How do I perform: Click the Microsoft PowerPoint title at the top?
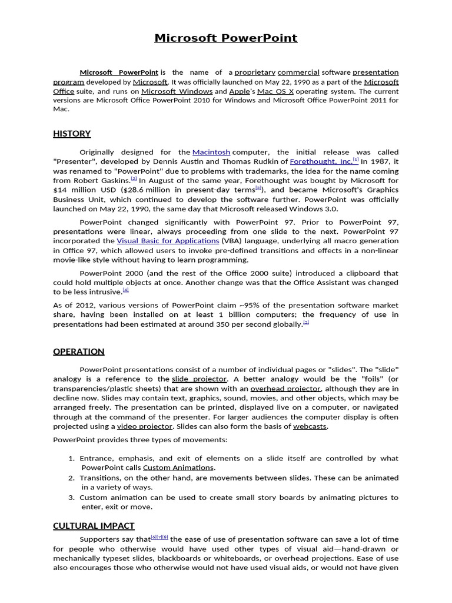click(x=226, y=38)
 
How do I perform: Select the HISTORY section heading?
click(x=72, y=134)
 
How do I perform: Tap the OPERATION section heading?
click(x=79, y=352)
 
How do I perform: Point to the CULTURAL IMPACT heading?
click(x=94, y=526)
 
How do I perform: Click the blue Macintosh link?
click(x=211, y=152)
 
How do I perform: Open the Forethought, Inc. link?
click(x=322, y=161)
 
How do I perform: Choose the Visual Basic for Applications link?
click(x=168, y=241)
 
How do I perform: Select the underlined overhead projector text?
click(x=285, y=389)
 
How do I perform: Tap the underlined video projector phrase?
click(x=145, y=426)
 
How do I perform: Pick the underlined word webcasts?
click(x=310, y=426)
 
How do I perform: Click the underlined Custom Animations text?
click(x=178, y=468)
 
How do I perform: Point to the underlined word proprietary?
click(x=255, y=72)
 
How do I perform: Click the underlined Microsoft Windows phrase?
click(x=177, y=91)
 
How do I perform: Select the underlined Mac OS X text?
click(x=275, y=91)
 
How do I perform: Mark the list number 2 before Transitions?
click(x=72, y=478)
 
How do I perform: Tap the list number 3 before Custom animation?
click(x=72, y=498)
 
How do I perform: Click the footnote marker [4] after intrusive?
click(x=126, y=290)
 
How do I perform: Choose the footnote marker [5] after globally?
click(x=306, y=322)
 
